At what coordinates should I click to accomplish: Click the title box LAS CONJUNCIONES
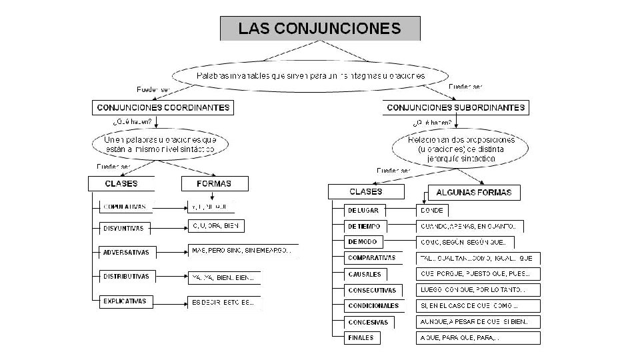coord(320,29)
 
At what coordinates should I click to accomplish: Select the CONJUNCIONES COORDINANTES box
coord(163,107)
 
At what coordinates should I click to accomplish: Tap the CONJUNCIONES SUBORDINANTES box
coord(456,107)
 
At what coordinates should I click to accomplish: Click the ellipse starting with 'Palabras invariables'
coord(310,76)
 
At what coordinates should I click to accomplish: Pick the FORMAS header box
coord(215,183)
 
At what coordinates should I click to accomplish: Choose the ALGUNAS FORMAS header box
coord(474,193)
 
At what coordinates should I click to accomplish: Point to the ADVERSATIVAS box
coord(127,253)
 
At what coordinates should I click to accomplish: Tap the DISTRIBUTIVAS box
coord(126,276)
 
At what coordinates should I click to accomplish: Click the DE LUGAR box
coord(363,211)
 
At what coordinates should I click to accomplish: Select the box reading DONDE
coord(432,211)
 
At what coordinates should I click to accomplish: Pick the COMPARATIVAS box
coord(371,258)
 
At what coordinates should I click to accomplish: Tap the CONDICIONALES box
coord(373,306)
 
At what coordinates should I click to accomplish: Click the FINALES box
coord(361,338)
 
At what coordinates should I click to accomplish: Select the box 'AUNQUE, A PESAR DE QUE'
coord(477,322)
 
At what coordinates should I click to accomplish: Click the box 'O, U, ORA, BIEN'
coord(215,227)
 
